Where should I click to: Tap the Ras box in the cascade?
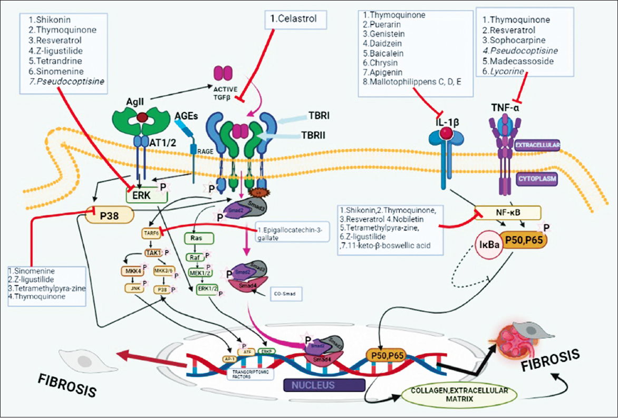[x=194, y=237]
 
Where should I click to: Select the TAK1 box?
[x=151, y=253]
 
